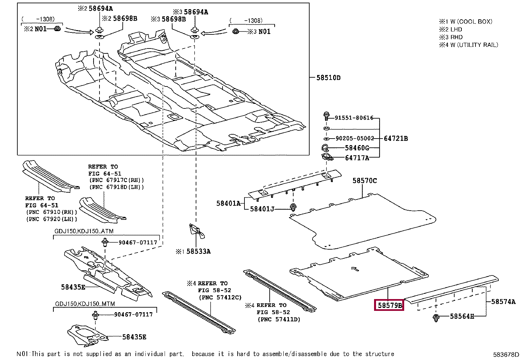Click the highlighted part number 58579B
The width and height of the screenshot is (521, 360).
[389, 305]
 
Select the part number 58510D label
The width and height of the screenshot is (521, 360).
[328, 78]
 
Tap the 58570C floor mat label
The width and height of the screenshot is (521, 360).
[365, 180]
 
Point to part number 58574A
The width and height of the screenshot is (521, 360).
[503, 302]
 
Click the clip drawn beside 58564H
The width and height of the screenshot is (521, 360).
[436, 317]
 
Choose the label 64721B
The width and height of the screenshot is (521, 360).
[396, 138]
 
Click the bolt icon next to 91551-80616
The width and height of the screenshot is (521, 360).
[326, 116]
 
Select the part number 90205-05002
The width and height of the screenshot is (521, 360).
[354, 138]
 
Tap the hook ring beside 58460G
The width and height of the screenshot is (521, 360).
[325, 148]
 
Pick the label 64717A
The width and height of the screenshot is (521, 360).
[357, 158]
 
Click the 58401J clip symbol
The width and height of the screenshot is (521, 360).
[293, 207]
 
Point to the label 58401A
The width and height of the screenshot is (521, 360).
[228, 203]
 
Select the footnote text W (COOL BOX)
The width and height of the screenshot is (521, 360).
[471, 22]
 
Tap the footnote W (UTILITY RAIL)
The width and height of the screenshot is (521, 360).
[474, 45]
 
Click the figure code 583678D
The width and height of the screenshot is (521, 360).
[506, 354]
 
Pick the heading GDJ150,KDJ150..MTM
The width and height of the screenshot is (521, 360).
[85, 304]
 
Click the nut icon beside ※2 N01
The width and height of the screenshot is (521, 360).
[57, 28]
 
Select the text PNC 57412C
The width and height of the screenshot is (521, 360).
[220, 297]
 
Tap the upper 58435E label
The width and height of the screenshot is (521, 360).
[73, 287]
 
